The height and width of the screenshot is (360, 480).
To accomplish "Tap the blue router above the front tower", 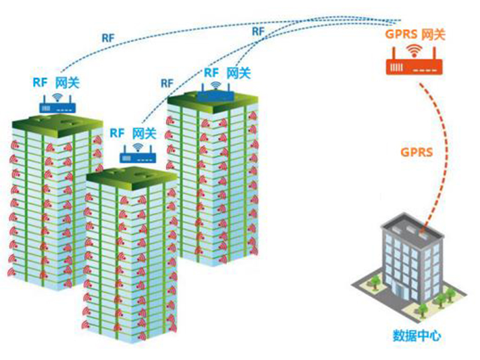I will click(x=138, y=157).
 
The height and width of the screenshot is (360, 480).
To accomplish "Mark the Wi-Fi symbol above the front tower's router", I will click(x=138, y=146).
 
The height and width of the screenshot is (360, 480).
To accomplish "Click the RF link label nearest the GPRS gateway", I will click(x=259, y=30).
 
